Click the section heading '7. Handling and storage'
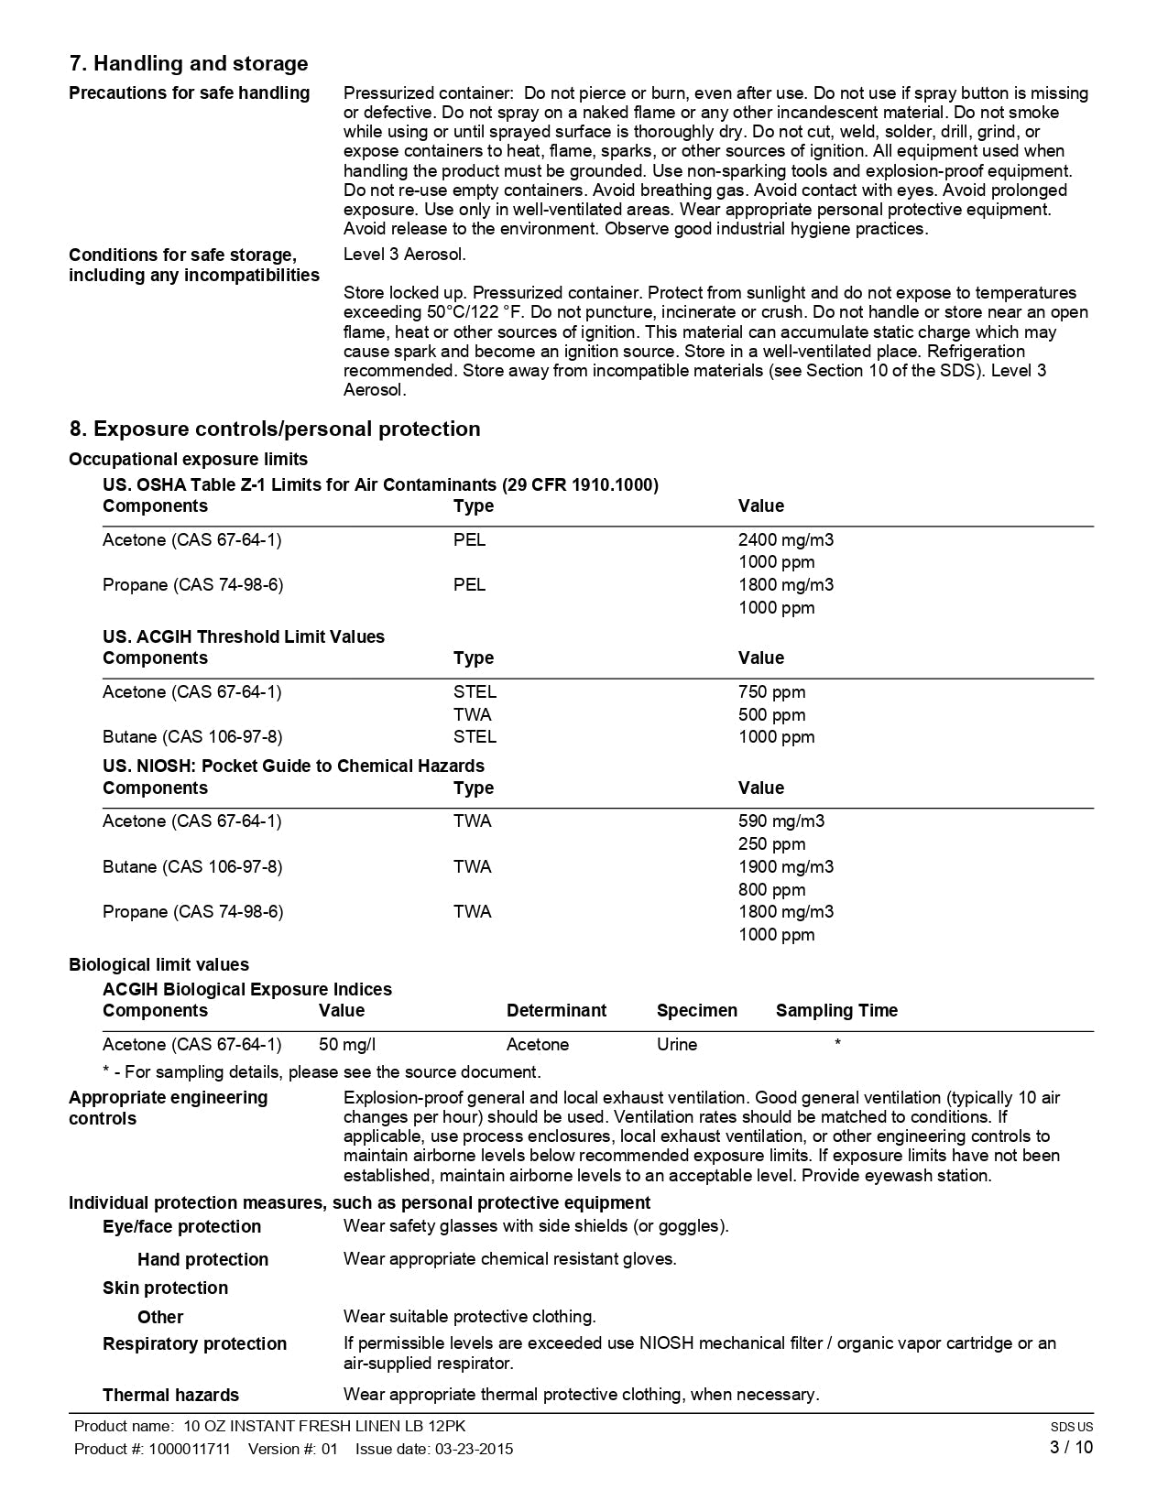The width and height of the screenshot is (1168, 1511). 189,64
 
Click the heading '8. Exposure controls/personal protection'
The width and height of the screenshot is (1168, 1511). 275,429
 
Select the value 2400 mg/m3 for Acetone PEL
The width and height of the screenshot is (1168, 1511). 786,540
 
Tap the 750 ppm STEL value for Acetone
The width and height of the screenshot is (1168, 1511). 771,692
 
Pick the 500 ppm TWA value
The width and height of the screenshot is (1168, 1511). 771,715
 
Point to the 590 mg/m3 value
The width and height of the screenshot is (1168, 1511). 780,821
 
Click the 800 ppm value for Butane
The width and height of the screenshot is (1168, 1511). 771,890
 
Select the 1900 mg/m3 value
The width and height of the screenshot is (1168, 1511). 786,866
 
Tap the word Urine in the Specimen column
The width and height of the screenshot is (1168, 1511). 677,1045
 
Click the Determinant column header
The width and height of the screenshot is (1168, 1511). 556,1011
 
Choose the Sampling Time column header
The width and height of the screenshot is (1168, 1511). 836,1011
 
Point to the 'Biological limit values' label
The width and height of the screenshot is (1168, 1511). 158,965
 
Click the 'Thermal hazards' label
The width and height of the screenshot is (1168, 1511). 170,1396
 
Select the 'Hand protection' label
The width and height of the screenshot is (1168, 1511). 202,1260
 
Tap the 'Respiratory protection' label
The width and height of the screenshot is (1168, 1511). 194,1344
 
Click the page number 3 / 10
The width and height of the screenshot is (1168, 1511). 1071,1448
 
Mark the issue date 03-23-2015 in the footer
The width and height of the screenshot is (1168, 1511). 474,1449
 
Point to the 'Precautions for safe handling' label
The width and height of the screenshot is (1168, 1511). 190,93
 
